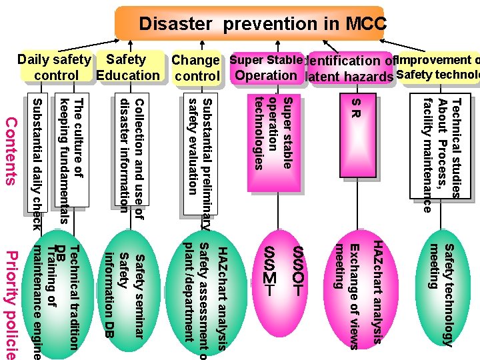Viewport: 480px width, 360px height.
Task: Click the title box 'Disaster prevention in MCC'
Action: pos(250,24)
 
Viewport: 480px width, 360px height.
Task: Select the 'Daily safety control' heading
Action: pos(55,68)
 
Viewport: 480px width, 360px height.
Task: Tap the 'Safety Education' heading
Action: pos(128,67)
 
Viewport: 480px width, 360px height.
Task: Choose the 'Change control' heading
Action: pos(196,68)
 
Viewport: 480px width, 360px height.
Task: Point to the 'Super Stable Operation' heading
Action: pos(265,67)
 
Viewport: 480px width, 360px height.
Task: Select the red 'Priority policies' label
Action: pos(11,303)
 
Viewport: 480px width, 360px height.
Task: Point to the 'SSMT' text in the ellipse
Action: pos(269,271)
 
